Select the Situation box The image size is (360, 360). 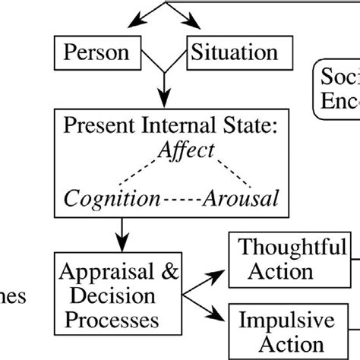pyautogui.click(x=232, y=53)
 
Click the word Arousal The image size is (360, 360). pyautogui.click(x=241, y=198)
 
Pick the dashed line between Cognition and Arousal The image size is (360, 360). pyautogui.click(x=182, y=199)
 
